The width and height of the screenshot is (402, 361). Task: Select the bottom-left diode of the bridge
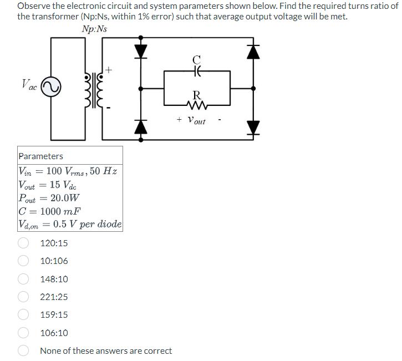(x=141, y=126)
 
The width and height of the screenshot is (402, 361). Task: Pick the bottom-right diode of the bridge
(x=253, y=126)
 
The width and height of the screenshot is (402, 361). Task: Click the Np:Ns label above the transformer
(x=94, y=29)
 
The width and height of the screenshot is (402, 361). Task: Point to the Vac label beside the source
(x=29, y=86)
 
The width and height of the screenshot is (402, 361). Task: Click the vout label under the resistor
(x=196, y=120)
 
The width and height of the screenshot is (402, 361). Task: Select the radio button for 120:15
(x=24, y=243)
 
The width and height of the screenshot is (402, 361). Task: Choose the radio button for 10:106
(x=24, y=261)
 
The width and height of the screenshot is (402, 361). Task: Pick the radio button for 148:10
(x=24, y=279)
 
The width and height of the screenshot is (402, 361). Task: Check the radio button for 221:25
(x=24, y=297)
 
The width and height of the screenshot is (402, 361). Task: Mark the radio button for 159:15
(x=24, y=315)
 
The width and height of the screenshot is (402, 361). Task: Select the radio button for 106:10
(x=24, y=333)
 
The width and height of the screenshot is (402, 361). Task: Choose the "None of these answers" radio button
(x=24, y=350)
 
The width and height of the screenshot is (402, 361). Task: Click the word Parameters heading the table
(x=41, y=156)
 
